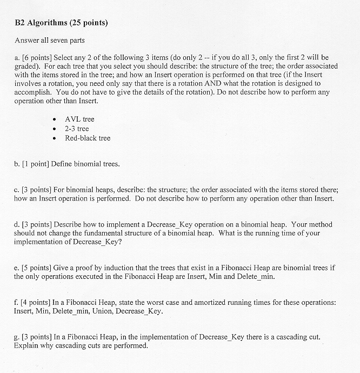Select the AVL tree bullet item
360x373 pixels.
click(x=79, y=119)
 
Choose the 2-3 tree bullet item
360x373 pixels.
click(x=77, y=129)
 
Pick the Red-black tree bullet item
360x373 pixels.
click(x=88, y=138)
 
